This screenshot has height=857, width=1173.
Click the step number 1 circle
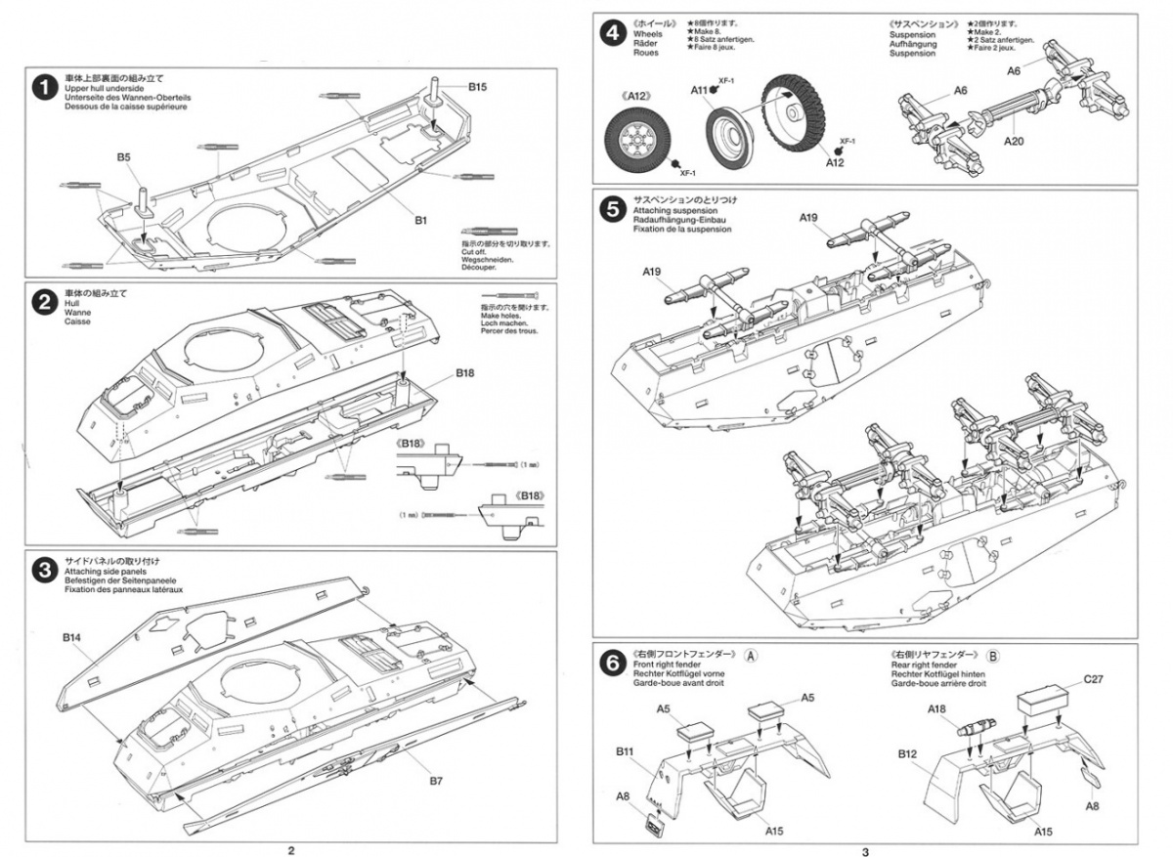click(42, 87)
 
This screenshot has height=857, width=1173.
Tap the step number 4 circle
click(612, 34)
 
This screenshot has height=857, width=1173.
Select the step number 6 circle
click(612, 664)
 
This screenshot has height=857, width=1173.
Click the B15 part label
click(477, 87)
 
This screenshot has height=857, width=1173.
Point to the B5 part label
click(123, 156)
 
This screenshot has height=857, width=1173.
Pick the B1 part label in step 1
click(420, 221)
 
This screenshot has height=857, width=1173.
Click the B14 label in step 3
click(71, 637)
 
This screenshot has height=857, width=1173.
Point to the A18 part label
click(937, 710)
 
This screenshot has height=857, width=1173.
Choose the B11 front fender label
click(627, 751)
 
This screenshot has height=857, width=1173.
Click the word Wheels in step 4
click(647, 34)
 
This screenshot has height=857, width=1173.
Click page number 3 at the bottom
click(865, 850)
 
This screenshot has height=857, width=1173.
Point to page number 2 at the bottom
click(290, 850)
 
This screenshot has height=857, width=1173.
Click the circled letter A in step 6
click(751, 656)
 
